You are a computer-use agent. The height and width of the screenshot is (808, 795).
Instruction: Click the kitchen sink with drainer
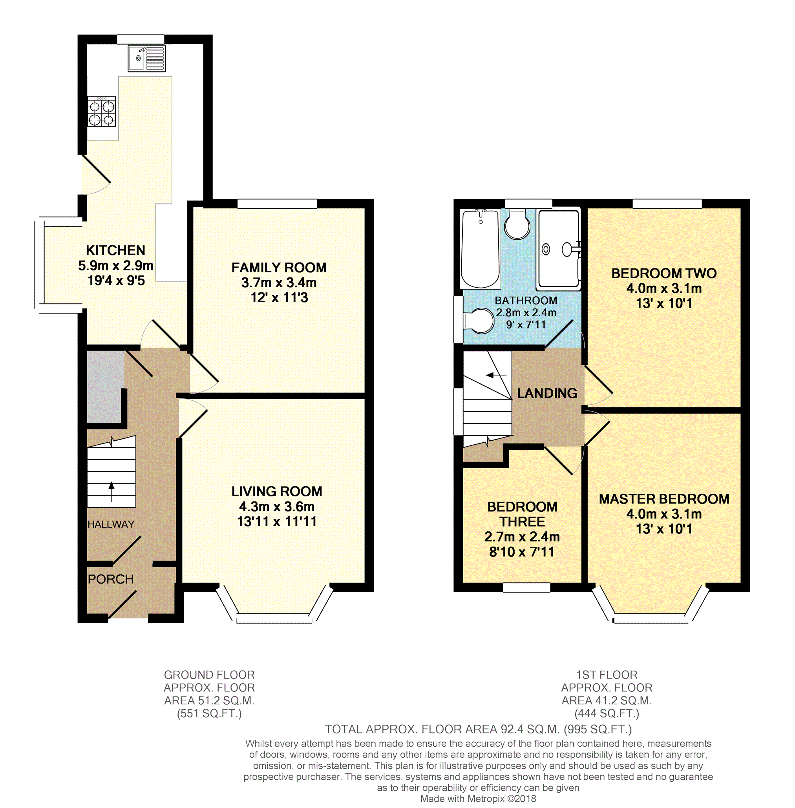[146, 58]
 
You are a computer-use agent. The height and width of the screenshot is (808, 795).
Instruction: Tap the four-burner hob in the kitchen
[101, 111]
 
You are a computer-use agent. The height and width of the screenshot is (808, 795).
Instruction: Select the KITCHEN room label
[116, 250]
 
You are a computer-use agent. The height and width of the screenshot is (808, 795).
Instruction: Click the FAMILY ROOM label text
[279, 268]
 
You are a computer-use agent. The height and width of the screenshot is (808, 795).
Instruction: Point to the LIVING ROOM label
[277, 491]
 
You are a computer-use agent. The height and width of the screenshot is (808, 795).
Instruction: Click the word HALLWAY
[111, 524]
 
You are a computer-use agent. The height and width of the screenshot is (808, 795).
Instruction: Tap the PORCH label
[111, 579]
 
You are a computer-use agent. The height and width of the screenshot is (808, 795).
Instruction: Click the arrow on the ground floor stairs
[111, 491]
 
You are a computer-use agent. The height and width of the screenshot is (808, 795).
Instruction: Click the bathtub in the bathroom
[480, 249]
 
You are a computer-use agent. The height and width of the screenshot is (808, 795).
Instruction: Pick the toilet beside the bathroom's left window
[479, 321]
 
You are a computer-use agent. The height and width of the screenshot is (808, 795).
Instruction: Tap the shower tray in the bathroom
[559, 249]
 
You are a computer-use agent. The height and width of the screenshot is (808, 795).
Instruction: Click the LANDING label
[547, 393]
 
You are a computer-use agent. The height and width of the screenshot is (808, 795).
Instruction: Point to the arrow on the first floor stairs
[497, 375]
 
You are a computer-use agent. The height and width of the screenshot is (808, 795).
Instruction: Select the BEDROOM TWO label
[664, 274]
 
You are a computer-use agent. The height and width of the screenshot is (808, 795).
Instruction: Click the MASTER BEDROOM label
[664, 499]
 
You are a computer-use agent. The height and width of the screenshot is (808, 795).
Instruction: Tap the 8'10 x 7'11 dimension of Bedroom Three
[522, 552]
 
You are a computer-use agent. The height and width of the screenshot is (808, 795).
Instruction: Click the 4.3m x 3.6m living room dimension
[277, 507]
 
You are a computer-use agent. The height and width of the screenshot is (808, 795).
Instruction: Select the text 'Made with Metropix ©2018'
[478, 799]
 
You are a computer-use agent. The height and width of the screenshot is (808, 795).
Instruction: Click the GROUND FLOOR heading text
[209, 675]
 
